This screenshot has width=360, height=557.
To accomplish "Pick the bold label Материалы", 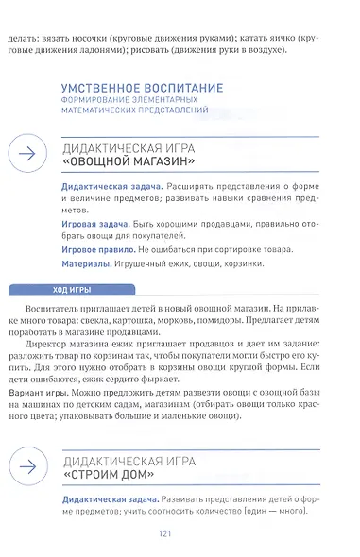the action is pyautogui.click(x=83, y=264).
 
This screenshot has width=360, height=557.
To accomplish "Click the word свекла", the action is pyautogui.click(x=116, y=322).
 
